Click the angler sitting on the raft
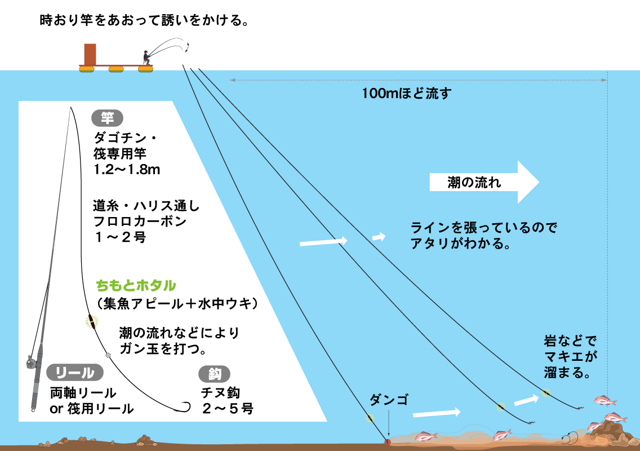coord(146,58)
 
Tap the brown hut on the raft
coord(90,54)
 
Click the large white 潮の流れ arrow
coord(485,182)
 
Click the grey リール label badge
coord(74,372)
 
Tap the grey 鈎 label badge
coord(215,374)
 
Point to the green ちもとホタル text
coord(136,285)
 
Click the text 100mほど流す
coord(407,94)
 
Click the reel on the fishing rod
coord(32,362)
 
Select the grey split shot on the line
coord(109,355)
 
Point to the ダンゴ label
coord(388,400)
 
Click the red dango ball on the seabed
coord(388,441)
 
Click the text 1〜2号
coord(121,237)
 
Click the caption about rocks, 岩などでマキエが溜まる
coord(570,356)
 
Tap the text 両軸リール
coord(83,392)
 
